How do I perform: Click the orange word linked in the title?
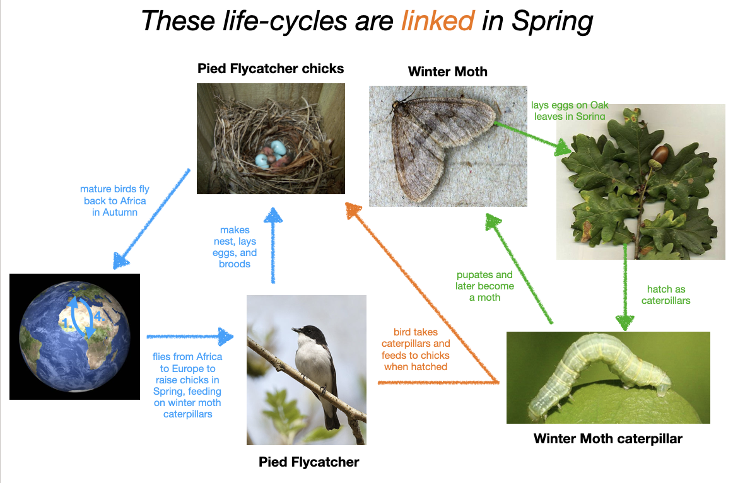click(438, 21)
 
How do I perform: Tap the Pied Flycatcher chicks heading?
click(271, 69)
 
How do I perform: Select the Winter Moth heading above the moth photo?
click(448, 71)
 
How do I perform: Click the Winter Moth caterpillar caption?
click(607, 439)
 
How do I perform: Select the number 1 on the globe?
click(66, 323)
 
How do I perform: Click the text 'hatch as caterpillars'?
click(666, 294)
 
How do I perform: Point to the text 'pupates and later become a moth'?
click(484, 286)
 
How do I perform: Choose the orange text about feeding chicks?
click(416, 349)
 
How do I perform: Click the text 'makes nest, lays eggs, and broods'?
click(235, 247)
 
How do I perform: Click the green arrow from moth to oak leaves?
click(532, 138)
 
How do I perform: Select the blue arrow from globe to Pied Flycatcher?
click(190, 336)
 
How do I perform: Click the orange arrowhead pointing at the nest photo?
click(353, 210)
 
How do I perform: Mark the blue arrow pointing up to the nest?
click(273, 245)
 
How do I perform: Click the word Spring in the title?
click(552, 21)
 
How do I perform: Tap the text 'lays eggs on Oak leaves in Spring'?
click(570, 111)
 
